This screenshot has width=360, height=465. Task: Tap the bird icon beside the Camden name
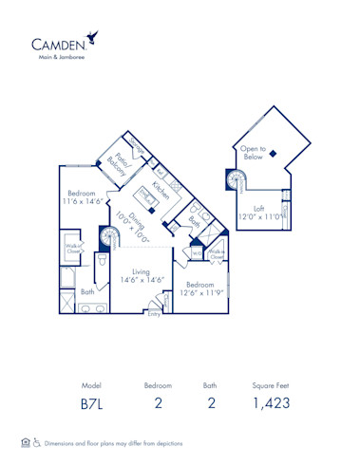pyautogui.click(x=93, y=37)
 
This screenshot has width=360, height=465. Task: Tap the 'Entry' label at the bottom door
pyautogui.click(x=154, y=314)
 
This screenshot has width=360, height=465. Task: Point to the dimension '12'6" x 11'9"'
pyautogui.click(x=199, y=293)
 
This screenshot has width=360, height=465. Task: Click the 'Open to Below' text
pyautogui.click(x=253, y=153)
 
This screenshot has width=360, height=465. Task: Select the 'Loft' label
pyautogui.click(x=258, y=208)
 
